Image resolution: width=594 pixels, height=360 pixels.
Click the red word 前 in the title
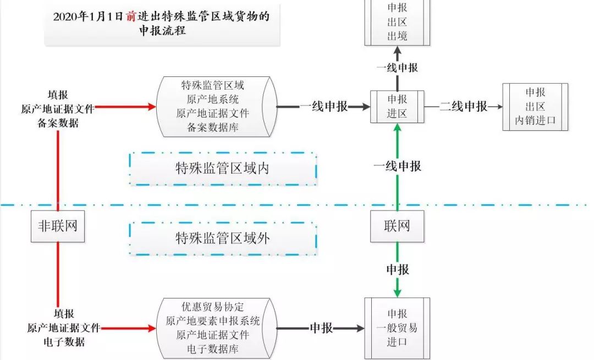[130, 16]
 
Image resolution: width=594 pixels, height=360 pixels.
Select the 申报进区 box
[397, 107]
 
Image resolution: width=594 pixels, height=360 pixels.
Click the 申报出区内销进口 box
[535, 107]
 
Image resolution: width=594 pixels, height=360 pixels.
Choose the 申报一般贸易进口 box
[397, 328]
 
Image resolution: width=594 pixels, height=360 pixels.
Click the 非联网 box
[57, 226]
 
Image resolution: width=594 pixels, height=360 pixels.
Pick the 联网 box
[397, 226]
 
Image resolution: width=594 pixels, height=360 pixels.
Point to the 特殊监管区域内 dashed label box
[223, 169]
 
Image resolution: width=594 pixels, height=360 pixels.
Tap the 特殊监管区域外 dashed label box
[223, 238]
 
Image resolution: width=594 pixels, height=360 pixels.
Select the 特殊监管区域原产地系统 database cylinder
[215, 107]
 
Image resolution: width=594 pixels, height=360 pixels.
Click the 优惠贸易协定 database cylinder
[215, 328]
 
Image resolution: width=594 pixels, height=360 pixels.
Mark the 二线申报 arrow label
[464, 107]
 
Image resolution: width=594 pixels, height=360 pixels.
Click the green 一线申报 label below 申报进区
[397, 165]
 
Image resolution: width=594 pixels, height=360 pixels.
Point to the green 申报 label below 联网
[397, 269]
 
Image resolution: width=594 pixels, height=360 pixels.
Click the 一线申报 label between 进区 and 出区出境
[397, 68]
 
